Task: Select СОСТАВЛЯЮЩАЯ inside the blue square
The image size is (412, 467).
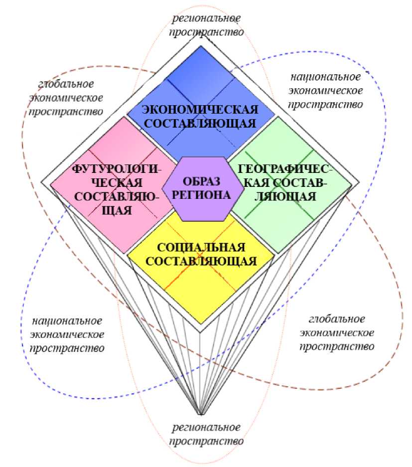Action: (200, 124)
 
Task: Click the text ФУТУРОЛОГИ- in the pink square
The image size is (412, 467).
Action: (117, 169)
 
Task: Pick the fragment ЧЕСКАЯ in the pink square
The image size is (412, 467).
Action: (117, 183)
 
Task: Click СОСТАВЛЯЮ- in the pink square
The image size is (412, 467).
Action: (117, 196)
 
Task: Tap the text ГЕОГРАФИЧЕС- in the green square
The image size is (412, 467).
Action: (285, 169)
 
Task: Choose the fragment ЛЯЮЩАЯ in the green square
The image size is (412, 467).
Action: (285, 196)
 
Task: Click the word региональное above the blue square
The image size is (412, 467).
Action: (206, 18)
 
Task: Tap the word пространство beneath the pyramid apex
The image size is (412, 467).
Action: (206, 441)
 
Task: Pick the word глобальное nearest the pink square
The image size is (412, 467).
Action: (66, 84)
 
